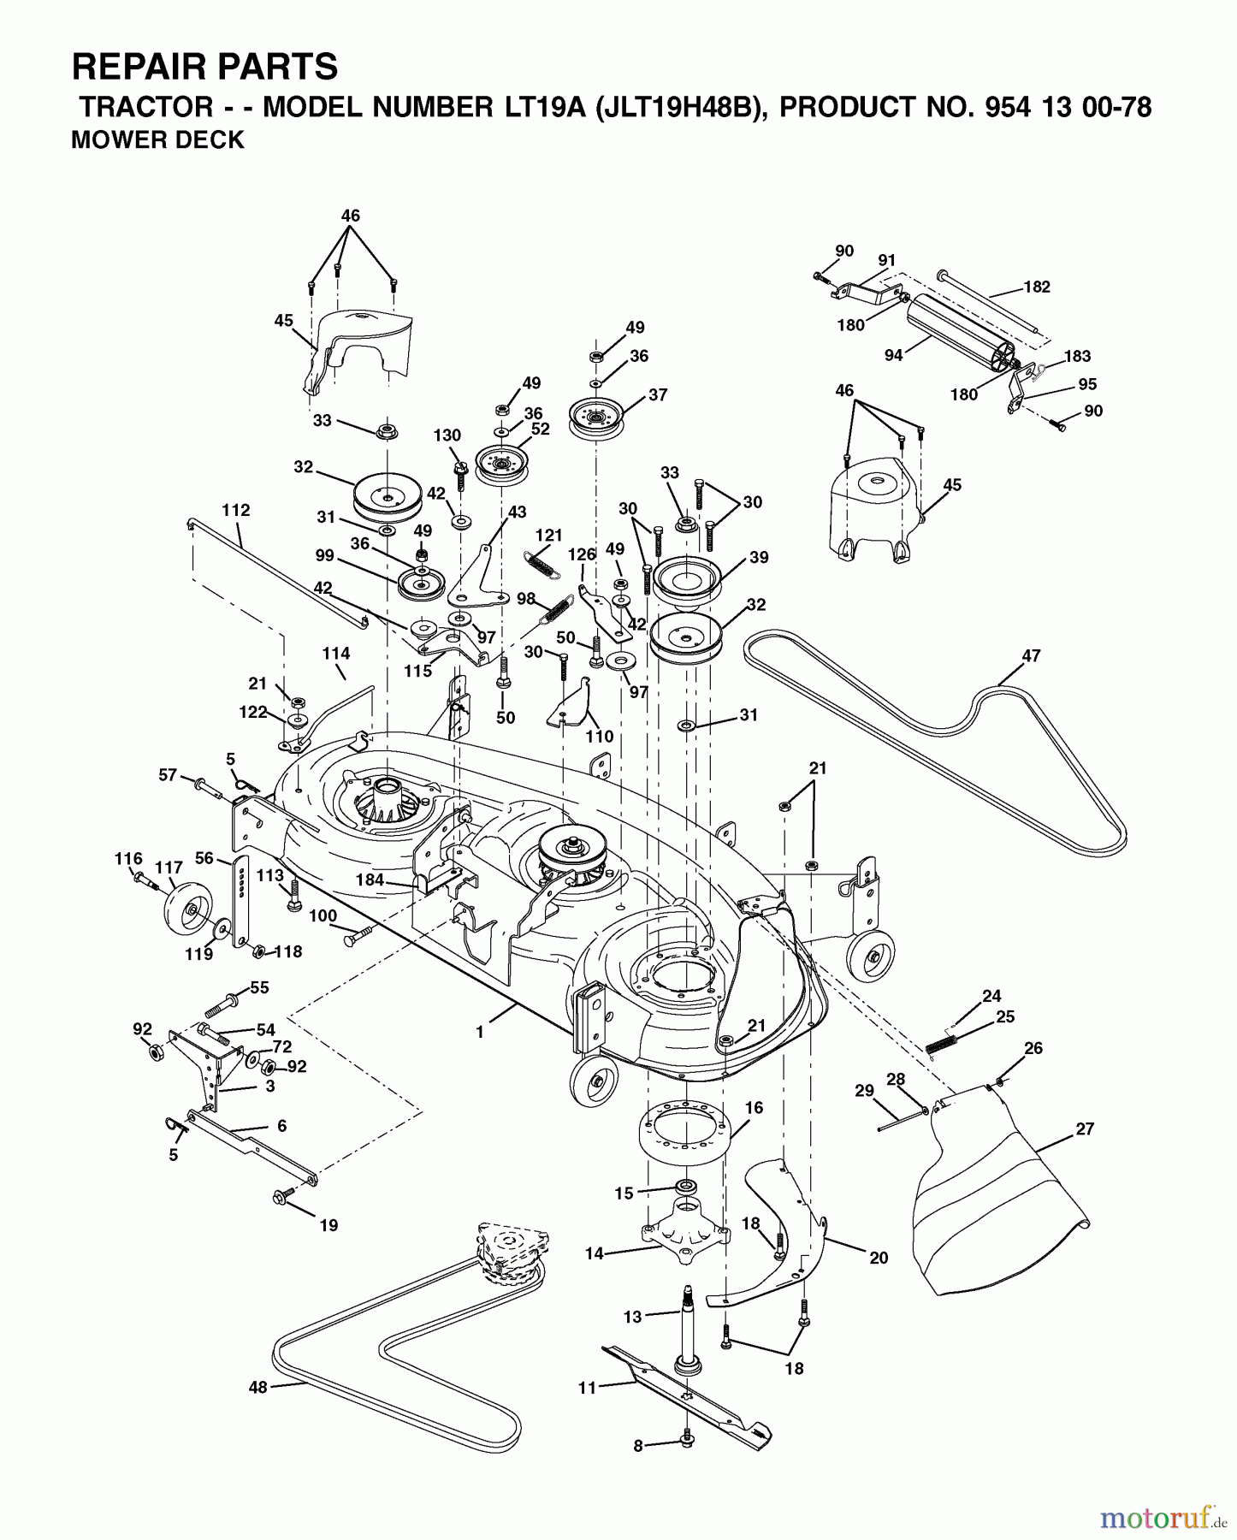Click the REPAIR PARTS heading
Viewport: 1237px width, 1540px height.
pos(204,66)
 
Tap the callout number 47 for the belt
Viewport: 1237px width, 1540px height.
pos(1031,656)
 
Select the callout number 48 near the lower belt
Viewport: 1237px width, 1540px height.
pos(257,1387)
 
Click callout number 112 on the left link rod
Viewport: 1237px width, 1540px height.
pos(235,511)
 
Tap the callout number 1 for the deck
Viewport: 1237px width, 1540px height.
pos(480,1033)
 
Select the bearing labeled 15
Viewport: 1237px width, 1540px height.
pos(685,1188)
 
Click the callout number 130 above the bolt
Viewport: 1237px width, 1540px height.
pos(447,435)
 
